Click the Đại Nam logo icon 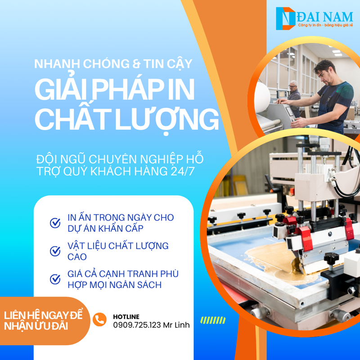point(285,18)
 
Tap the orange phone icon point(99,319)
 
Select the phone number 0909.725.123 point(137,325)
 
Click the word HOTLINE point(126,317)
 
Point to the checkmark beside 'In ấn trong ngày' point(55,223)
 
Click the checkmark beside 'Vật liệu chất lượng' point(55,251)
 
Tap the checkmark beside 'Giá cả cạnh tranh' point(55,279)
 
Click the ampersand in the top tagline point(136,64)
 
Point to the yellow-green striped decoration point(213,320)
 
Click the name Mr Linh point(176,325)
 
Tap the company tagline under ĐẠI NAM point(325,25)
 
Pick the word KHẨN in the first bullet point(110,229)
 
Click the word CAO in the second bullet point(77,256)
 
